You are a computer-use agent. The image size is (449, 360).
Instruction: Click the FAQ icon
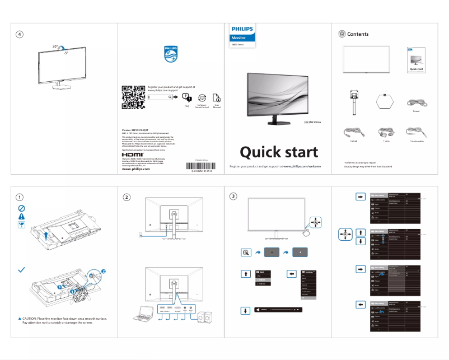tap(187, 98)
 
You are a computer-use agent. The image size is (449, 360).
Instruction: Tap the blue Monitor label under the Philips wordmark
tap(240, 38)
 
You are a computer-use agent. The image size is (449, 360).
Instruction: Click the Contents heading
tap(358, 34)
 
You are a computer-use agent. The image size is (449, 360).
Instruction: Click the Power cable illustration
tap(417, 102)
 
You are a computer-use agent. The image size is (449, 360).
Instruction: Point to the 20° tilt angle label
tap(55, 46)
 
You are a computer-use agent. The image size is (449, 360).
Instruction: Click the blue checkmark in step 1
tap(21, 270)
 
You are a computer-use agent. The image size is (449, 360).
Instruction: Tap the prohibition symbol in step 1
tap(21, 207)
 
